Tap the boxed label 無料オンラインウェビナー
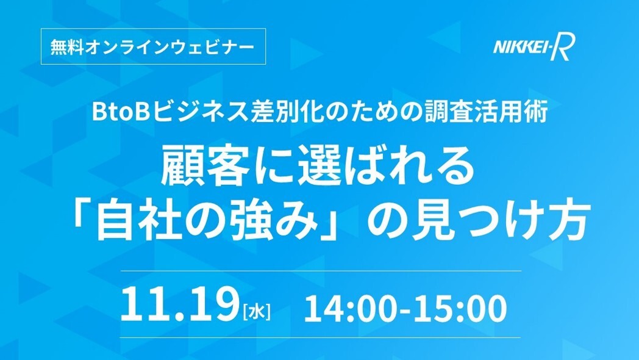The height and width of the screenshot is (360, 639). pos(153,46)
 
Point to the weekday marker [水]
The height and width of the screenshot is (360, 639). pos(256,312)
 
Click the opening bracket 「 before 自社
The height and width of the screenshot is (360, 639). pos(82,216)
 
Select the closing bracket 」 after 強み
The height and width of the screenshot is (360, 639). pos(332,226)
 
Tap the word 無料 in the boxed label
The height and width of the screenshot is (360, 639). pos(67,47)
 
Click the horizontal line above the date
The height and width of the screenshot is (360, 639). pos(321,271)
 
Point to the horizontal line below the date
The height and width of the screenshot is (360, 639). pos(321,337)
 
